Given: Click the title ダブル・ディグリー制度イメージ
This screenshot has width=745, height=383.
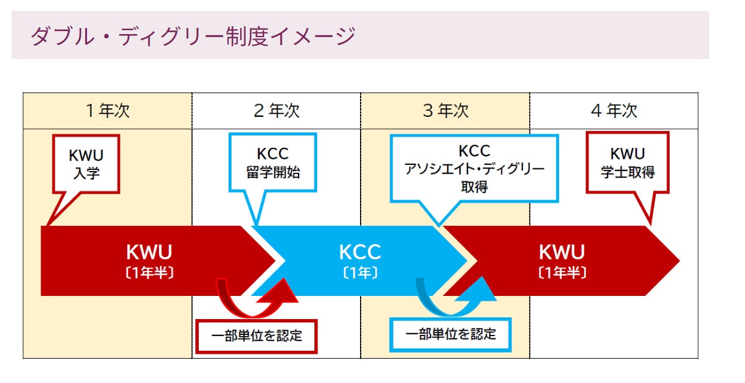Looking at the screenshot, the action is pos(193,36).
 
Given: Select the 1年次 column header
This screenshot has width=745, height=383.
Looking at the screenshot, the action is pos(108,111).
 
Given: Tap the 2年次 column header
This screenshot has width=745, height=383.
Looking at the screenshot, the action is pos(277,111).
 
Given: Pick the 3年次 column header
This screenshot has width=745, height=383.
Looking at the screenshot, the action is pos(446,111).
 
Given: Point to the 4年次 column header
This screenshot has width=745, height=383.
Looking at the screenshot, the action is pos(614,111).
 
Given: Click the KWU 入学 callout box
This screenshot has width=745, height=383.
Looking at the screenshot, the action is pos(86,164).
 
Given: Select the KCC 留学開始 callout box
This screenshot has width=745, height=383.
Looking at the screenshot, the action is pos(272,163).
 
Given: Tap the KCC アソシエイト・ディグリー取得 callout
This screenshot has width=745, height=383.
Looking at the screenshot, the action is pos(474,168).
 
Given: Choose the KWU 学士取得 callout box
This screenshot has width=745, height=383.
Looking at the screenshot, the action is pos(628,163).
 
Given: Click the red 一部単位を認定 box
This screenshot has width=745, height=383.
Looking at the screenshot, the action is pos(257,336).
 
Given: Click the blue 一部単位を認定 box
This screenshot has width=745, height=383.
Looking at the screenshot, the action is pos(451,335).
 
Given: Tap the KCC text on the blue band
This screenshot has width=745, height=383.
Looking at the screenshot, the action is pos(360,252).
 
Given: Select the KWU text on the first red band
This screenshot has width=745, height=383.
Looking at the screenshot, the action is pos(150,252).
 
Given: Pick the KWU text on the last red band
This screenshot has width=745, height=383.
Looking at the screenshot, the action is pos(562,252).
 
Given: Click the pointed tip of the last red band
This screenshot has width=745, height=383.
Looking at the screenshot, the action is pos(679,261).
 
